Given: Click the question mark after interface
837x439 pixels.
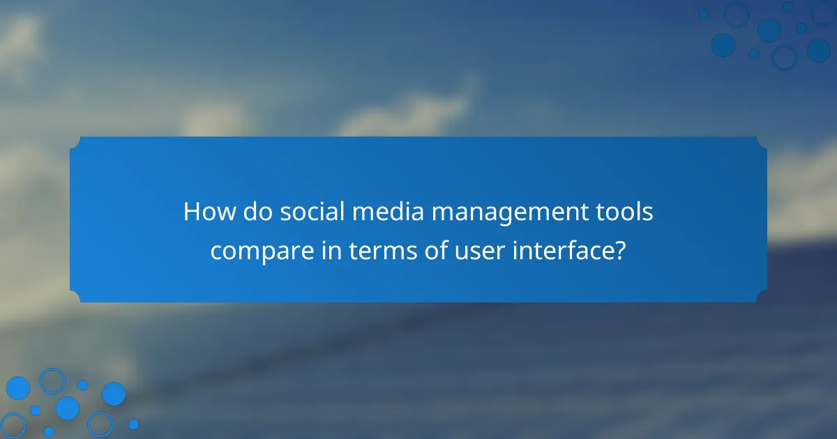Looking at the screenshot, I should (619, 249).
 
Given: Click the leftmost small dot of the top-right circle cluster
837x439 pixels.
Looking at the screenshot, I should (703, 14).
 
